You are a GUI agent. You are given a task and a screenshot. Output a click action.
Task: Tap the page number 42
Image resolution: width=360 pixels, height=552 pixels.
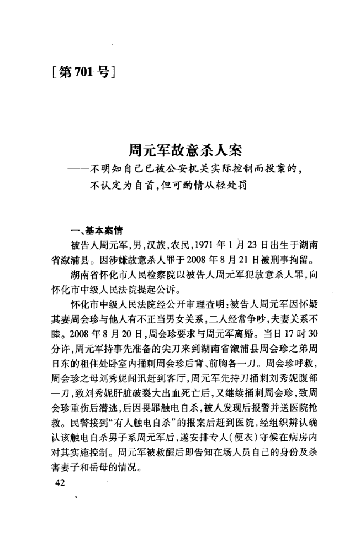coord(57,483)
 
